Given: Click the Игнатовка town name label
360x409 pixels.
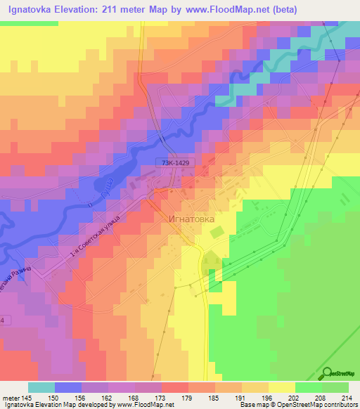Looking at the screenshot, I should [191, 218].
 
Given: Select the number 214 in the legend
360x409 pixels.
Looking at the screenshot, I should [347, 399].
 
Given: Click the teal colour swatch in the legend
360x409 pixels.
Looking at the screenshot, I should [41, 387].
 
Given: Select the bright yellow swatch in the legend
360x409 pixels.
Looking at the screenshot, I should [282, 387].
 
